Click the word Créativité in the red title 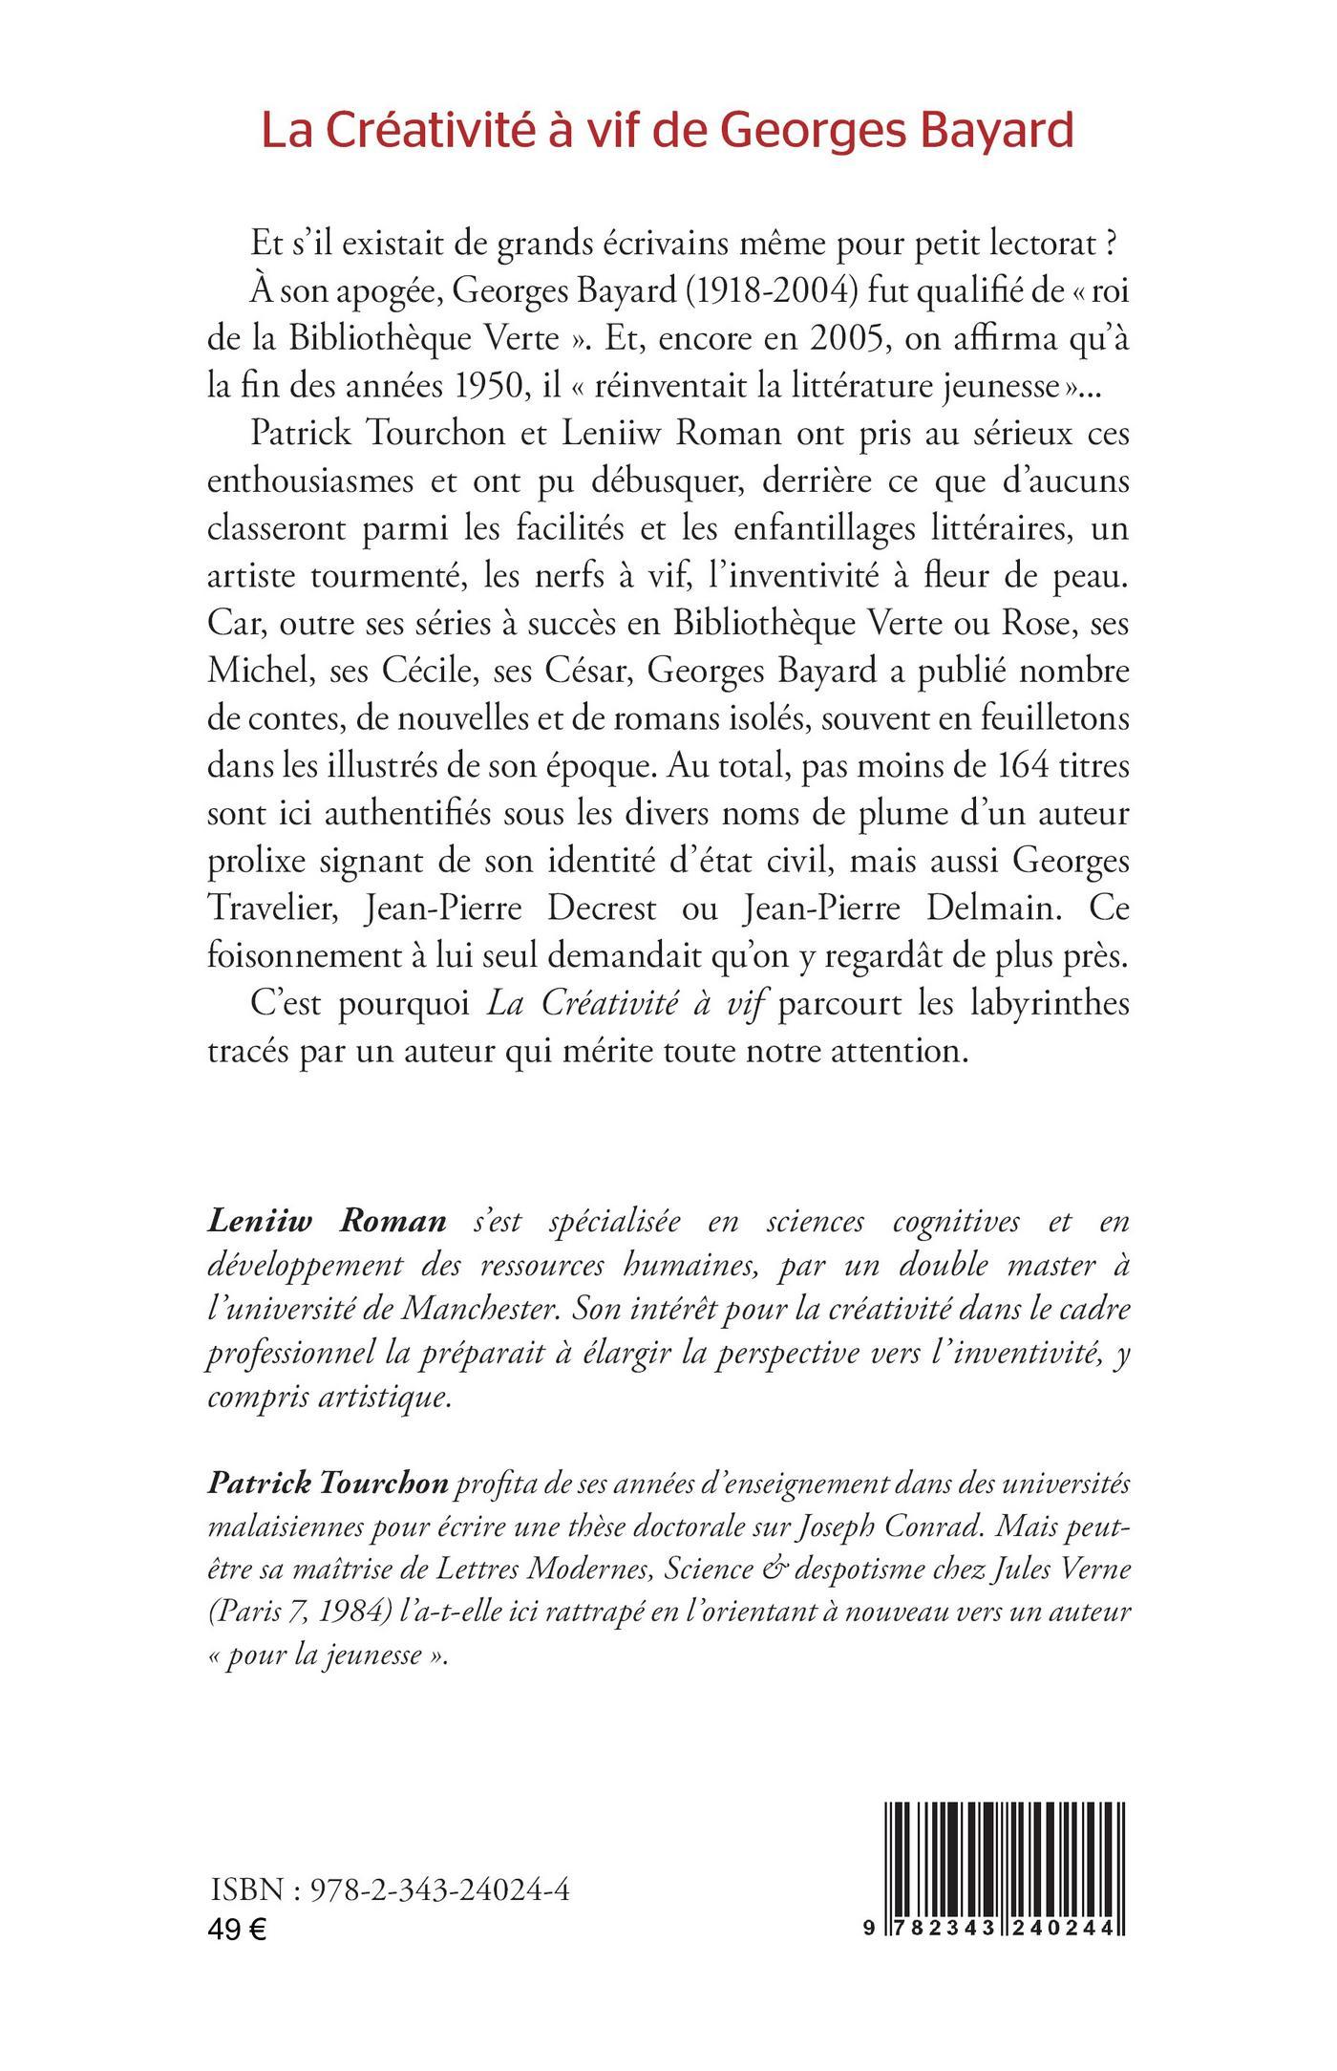click(x=436, y=132)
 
